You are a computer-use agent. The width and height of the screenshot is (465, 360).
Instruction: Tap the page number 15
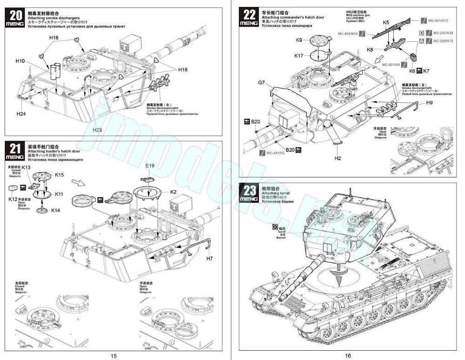pos(113,355)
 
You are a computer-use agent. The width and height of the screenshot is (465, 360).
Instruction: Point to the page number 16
pos(348,355)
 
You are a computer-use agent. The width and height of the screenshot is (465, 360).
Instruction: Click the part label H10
pos(20,61)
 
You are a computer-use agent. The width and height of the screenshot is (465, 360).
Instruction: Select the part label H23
pos(97,130)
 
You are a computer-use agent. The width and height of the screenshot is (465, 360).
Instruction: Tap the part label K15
pos(59,175)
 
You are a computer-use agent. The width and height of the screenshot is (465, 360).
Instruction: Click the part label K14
pos(55,210)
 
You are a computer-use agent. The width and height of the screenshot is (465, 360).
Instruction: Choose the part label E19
pos(149,165)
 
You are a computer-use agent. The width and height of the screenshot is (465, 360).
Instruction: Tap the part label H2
pos(338,158)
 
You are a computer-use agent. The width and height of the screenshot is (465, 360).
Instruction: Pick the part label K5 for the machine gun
pos(386,22)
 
